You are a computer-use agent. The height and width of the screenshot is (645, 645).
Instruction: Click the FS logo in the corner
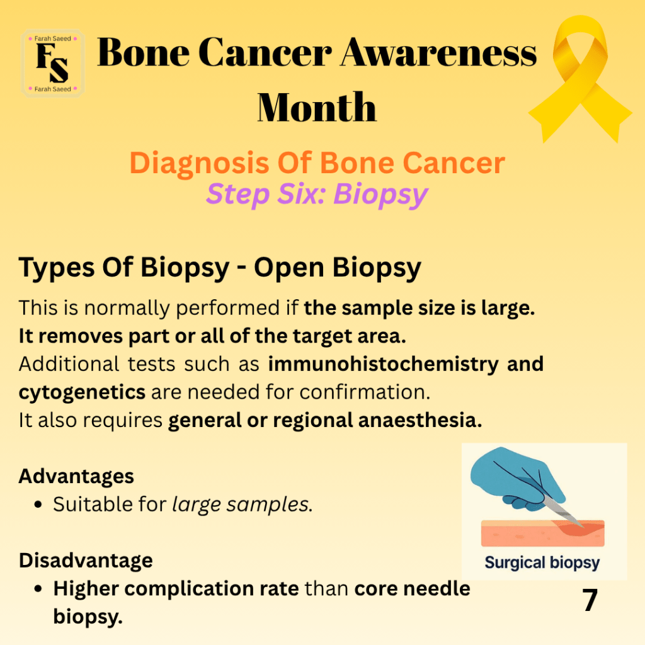tap(53, 64)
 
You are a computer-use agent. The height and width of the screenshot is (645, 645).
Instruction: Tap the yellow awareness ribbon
tap(580, 78)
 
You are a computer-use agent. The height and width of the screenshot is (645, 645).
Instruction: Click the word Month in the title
tap(317, 107)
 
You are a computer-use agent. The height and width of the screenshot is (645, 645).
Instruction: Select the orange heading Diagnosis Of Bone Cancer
tap(317, 163)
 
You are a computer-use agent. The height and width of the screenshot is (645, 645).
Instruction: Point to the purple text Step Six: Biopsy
tap(317, 194)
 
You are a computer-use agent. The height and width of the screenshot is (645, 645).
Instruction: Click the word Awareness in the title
tap(438, 53)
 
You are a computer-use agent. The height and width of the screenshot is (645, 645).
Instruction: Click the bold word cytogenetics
tap(82, 392)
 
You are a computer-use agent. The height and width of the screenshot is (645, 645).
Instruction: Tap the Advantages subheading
tap(76, 477)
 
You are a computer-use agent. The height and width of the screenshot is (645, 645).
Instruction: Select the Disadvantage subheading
tap(86, 560)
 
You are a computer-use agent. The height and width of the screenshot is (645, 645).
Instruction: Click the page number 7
tap(590, 600)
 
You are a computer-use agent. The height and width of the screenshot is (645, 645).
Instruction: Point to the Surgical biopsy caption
tap(542, 563)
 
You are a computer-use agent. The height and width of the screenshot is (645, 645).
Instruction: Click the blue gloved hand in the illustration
tap(518, 478)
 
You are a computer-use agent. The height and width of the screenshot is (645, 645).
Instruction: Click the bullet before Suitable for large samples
tap(38, 505)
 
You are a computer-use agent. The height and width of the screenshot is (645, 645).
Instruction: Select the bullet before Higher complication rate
tap(38, 589)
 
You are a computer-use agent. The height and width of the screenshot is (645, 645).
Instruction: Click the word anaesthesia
tap(420, 420)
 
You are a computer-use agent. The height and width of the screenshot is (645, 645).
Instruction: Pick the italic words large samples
tap(240, 505)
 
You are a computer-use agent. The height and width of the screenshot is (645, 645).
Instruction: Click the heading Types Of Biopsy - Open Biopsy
tap(220, 268)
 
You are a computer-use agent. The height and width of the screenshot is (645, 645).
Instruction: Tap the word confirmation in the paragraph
tap(365, 392)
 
